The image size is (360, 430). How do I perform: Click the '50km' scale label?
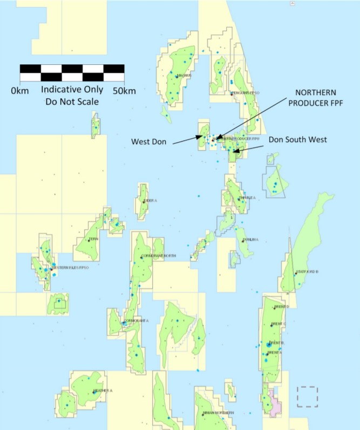tap(124, 91)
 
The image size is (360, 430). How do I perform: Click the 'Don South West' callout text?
tap(297, 139)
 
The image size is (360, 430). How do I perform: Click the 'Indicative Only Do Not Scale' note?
tap(72, 95)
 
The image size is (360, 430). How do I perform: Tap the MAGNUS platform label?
tap(184, 75)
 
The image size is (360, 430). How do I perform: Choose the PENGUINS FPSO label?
tap(245, 93)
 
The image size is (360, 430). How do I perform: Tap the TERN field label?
tap(93, 239)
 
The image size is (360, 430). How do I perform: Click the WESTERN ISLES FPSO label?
tap(70, 268)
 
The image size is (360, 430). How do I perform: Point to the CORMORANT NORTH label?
tap(158, 256)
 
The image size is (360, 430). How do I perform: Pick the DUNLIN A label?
tap(251, 239)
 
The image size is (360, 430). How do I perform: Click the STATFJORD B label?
tap(307, 272)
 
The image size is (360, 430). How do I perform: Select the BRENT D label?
tap(282, 307)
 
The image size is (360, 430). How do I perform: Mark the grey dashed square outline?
tap(308, 397)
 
